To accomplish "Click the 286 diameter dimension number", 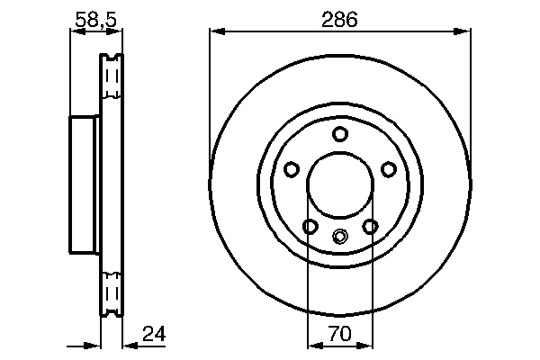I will point(339,19).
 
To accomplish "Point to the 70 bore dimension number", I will point(339,334).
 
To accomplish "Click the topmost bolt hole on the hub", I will point(339,135).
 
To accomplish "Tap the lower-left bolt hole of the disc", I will point(310,227).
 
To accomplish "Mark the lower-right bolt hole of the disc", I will point(370,227).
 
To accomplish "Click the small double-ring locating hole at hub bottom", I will point(339,238).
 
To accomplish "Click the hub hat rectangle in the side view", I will point(85,186).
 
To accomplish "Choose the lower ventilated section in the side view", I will point(112,293).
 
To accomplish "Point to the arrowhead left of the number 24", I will point(127,345).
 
